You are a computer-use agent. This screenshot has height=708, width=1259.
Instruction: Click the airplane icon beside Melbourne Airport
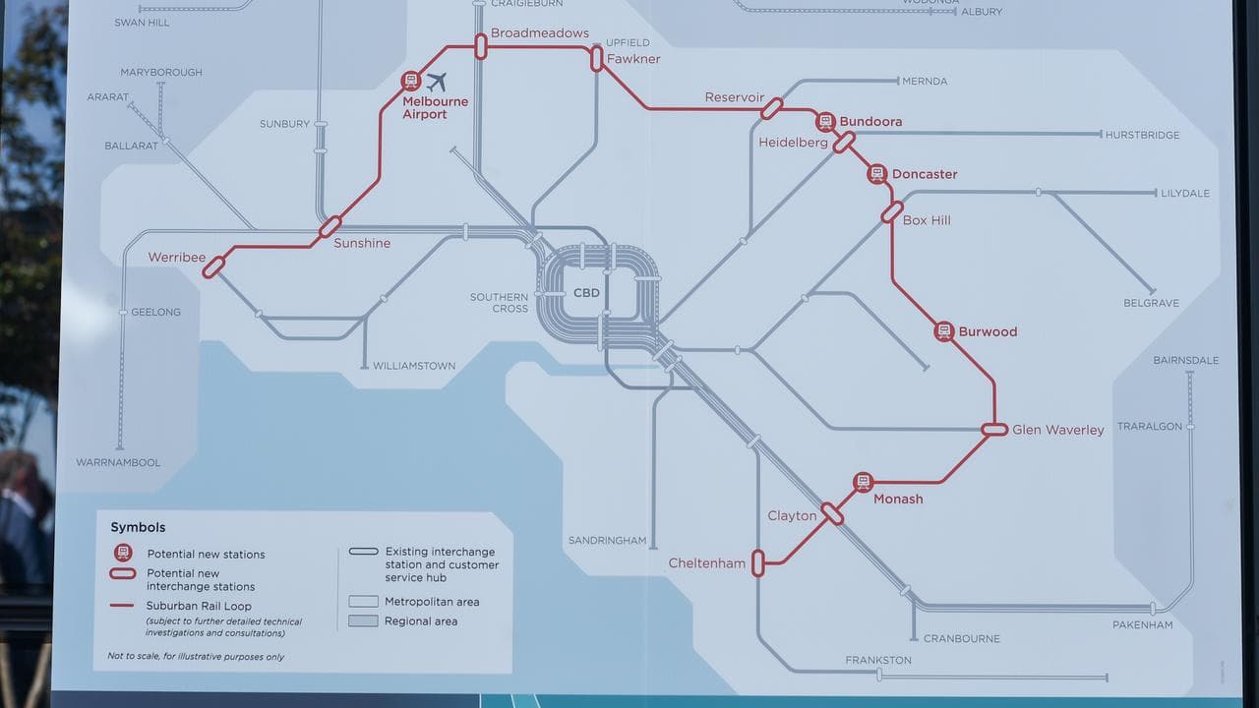coord(437,82)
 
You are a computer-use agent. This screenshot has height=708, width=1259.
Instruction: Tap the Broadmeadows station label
coord(539,33)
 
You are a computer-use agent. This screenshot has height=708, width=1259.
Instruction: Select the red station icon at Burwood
coord(944,331)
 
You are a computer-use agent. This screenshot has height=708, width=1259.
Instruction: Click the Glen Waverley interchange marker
coord(994,430)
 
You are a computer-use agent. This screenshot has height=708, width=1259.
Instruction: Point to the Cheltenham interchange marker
coord(757,562)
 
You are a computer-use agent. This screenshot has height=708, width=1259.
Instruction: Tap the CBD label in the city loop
coord(586,293)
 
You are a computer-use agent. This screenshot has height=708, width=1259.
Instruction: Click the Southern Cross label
coord(499,303)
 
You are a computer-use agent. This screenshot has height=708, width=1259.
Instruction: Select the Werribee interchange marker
coord(213,265)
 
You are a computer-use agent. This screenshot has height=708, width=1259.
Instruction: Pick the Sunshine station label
coord(362,243)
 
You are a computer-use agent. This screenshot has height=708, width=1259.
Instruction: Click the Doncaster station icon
coord(876,174)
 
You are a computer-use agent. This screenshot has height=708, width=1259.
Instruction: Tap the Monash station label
coord(898,499)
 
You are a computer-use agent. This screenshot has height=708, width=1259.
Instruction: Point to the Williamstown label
coord(414,366)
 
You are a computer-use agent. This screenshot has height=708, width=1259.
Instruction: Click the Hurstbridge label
coord(1142,135)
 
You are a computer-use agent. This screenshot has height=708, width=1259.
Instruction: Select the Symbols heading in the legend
coord(138,527)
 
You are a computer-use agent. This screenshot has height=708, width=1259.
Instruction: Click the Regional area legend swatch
coord(363,621)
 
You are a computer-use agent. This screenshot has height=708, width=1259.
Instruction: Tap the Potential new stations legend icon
coord(123,553)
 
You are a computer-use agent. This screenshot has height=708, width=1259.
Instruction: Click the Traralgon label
coord(1148,427)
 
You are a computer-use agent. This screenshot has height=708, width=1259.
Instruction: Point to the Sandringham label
coord(607,541)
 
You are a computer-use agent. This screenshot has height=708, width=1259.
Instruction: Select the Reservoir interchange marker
coord(771,108)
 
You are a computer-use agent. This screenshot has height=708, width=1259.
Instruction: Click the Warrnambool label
coord(118,462)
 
